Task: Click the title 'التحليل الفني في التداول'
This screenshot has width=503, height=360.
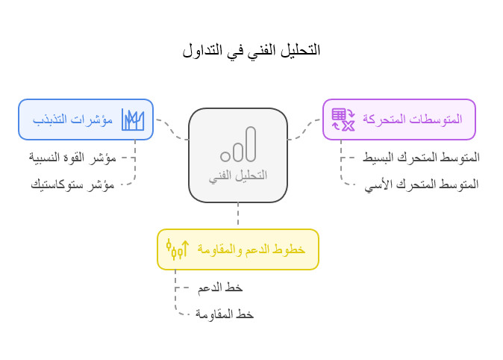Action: (x=251, y=50)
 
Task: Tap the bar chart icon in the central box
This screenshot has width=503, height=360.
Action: (x=238, y=145)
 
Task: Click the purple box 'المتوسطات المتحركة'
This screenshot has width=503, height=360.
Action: (x=399, y=120)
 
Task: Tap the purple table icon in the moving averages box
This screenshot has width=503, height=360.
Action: (x=343, y=120)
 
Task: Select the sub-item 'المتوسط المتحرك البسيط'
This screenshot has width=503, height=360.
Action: (x=421, y=158)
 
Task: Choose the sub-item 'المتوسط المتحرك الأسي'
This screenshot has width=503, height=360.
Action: (x=422, y=184)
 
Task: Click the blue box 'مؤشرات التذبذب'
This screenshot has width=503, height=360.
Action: (x=86, y=120)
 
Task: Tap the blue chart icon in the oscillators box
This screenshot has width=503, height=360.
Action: (x=133, y=120)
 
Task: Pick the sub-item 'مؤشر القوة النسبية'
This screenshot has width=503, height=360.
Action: (x=73, y=158)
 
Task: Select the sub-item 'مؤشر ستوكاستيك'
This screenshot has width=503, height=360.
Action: (x=73, y=184)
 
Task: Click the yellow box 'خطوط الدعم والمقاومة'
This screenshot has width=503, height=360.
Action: (x=237, y=249)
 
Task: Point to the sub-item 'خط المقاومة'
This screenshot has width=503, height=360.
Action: (x=225, y=314)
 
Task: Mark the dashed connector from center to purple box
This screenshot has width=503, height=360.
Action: (x=304, y=129)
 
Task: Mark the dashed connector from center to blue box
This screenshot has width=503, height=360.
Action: (x=172, y=129)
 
